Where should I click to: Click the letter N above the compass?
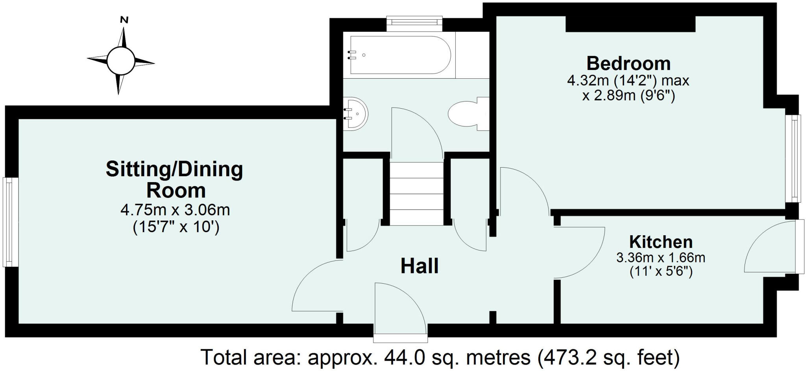[124, 20]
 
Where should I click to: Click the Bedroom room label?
[628, 63]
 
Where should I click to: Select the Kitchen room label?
[661, 242]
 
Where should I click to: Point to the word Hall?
[420, 266]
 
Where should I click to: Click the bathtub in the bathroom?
[400, 55]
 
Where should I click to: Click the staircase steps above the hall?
[417, 193]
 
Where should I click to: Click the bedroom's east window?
[793, 158]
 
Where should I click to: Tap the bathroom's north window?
[414, 23]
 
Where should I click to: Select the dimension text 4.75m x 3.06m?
[175, 210]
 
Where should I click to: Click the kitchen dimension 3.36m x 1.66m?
[661, 258]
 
